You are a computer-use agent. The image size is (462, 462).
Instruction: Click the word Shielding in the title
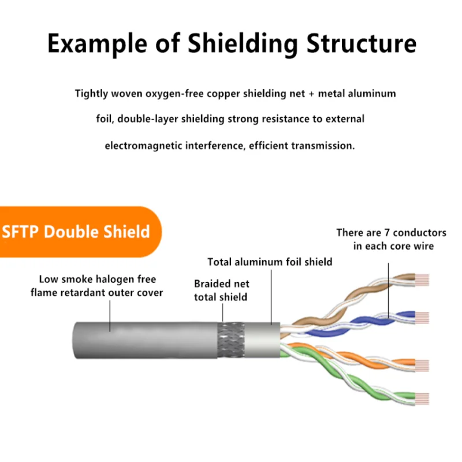point(243,44)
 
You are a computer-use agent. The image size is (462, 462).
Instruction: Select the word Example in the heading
point(97,44)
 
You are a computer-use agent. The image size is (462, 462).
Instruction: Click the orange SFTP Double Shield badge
point(80,232)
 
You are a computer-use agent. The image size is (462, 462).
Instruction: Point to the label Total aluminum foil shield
point(270,262)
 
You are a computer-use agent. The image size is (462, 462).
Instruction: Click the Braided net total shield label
point(222,290)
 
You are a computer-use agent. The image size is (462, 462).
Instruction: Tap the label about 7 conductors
point(392,239)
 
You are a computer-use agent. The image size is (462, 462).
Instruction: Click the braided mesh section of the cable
point(231,340)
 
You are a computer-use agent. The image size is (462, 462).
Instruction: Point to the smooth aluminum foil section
point(262,340)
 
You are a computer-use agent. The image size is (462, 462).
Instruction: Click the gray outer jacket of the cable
point(145,340)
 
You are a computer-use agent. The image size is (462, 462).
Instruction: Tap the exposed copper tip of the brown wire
point(422,280)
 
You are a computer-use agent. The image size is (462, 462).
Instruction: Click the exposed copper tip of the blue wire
point(422,318)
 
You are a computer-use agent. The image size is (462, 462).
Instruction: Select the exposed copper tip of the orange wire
point(422,366)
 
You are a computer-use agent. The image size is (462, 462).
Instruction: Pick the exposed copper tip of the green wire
point(422,398)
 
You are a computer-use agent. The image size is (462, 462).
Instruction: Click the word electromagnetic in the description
point(143,146)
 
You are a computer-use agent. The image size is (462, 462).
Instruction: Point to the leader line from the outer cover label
point(110,316)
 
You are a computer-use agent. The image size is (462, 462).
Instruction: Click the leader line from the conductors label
point(388,290)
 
